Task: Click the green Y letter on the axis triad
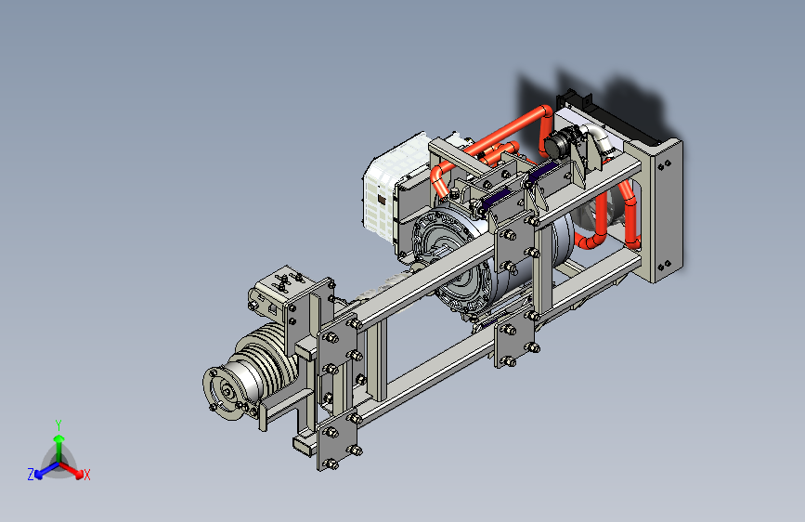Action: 58,425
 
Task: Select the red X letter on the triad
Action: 86,475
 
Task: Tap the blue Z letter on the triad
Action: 31,475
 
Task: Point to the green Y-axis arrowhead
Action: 59,438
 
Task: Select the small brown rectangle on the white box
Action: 382,200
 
